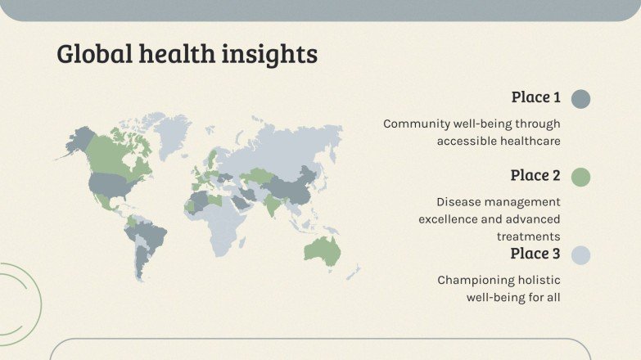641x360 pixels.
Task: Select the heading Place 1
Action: point(535,97)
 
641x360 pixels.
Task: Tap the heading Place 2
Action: point(535,175)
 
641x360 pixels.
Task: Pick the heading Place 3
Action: point(535,253)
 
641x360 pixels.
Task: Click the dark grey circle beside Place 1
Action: point(580,99)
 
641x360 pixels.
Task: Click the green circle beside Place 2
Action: point(580,177)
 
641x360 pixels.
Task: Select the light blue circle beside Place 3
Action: point(580,254)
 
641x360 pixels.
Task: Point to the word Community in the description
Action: point(417,124)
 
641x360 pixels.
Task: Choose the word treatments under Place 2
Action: point(528,236)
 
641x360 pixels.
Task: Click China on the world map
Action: point(291,187)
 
